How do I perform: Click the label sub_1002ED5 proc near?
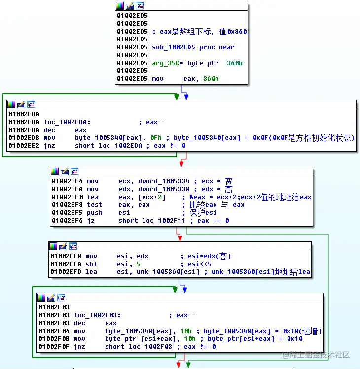193,47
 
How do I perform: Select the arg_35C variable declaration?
197,63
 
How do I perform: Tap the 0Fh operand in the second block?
157,138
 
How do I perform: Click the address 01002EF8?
66,256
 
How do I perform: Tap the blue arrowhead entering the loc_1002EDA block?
186,97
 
